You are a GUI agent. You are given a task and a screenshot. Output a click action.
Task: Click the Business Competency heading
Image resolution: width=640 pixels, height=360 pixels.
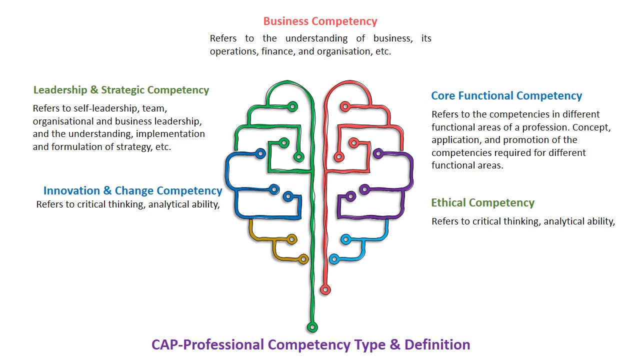coord(320,21)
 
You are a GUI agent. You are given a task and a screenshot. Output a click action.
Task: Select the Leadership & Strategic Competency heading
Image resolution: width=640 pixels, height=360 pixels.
coord(121,90)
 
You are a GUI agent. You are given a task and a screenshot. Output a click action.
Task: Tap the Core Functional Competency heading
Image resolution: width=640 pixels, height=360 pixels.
coord(506,95)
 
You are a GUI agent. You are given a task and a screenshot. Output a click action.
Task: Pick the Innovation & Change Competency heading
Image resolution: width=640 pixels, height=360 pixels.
coord(132,190)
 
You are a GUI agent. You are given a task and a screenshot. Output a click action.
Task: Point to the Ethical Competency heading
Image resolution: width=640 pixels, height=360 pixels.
coord(482,202)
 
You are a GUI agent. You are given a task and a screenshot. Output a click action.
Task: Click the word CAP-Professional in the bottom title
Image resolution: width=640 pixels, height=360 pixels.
coord(207,344)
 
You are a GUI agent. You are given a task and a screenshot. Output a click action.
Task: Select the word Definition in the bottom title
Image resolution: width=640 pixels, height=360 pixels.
coord(437,344)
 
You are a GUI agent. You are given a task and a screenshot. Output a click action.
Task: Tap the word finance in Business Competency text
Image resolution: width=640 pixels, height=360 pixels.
coord(277,51)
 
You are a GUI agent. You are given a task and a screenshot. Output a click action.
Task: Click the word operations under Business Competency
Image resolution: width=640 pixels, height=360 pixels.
coord(233,51)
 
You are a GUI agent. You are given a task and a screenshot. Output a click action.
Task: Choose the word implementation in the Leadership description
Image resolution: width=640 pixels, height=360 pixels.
coord(170,134)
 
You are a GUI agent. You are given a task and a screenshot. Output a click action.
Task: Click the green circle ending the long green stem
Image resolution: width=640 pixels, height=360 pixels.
coord(312,327)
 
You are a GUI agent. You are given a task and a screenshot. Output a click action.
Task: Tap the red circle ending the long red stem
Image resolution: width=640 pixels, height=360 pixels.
coord(325,289)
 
